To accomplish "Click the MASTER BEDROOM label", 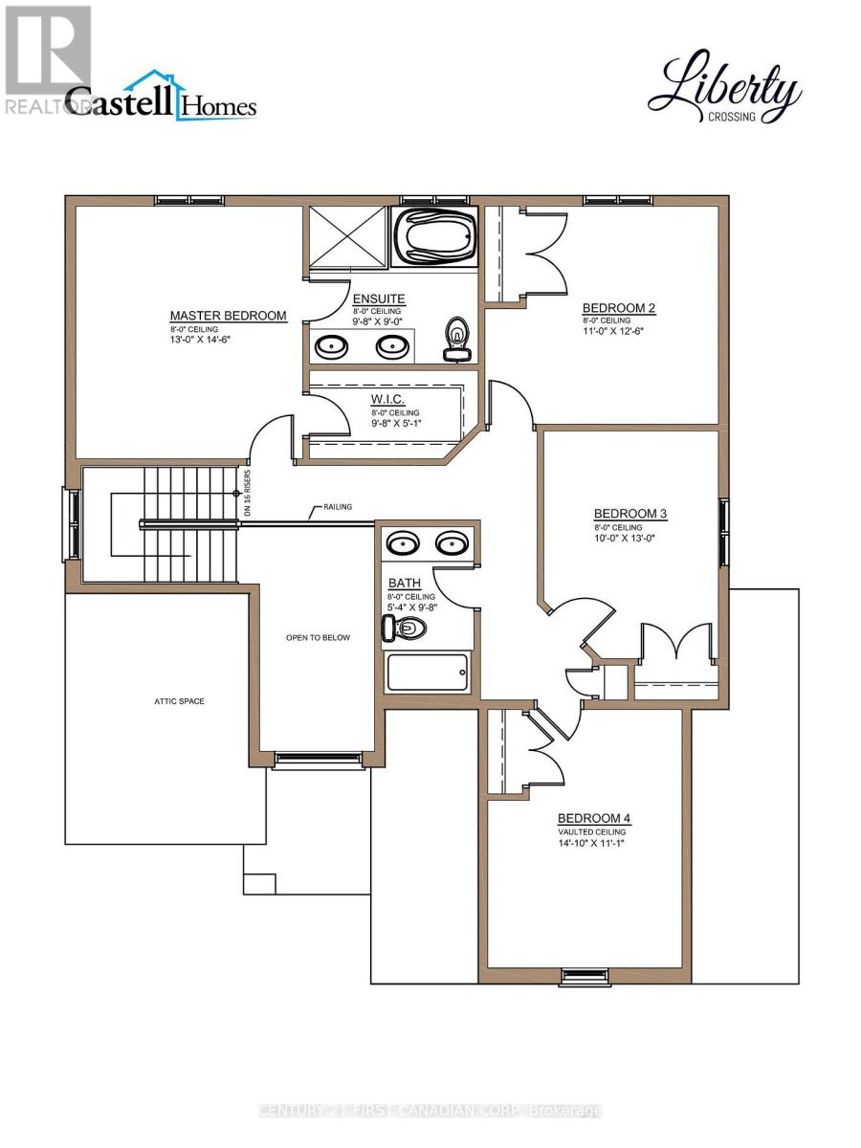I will click(228, 316).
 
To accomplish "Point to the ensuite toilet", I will click(457, 341).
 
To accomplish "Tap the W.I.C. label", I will click(388, 398).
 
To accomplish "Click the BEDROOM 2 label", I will click(619, 308).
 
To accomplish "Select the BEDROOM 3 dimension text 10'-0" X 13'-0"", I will click(630, 538).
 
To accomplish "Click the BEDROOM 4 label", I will click(594, 819).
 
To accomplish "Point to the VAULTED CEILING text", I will click(592, 832).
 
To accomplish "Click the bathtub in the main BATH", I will click(428, 673).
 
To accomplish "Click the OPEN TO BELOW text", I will click(319, 638).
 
